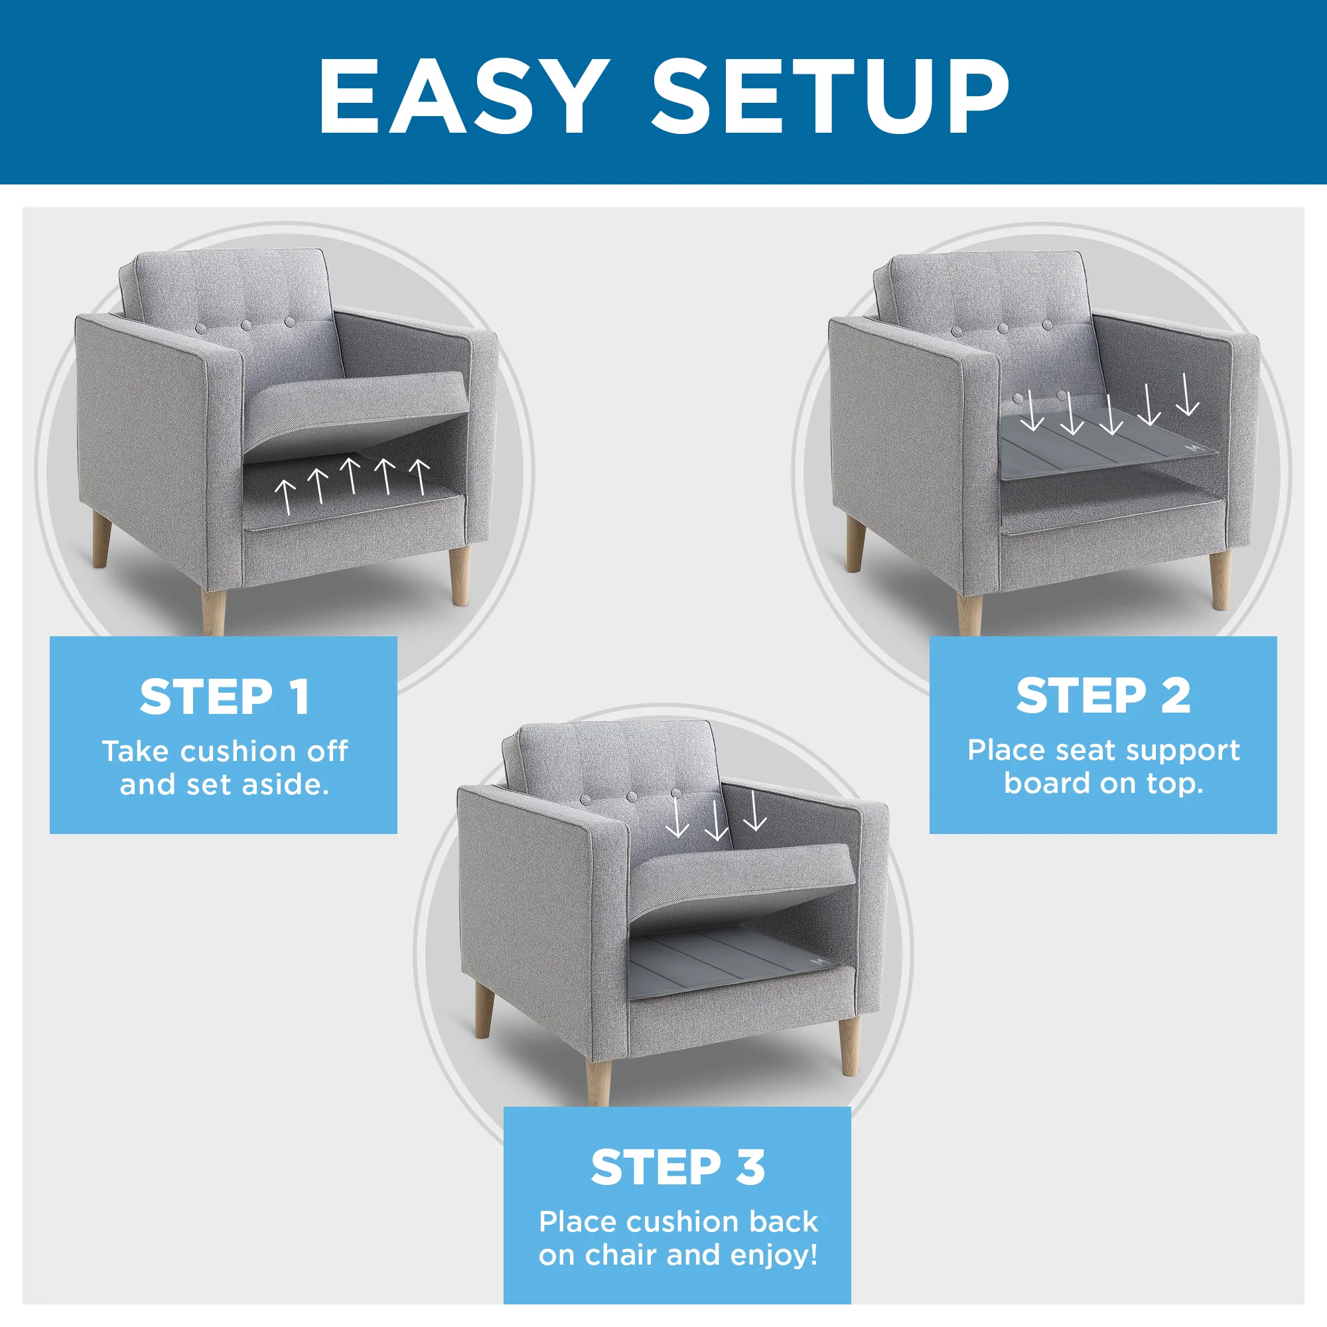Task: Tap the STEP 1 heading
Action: (x=225, y=698)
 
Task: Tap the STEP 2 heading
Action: (x=1103, y=696)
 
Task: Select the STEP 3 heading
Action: (x=677, y=1168)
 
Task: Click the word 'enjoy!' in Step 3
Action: (x=774, y=1255)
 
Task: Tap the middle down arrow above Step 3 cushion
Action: (x=717, y=819)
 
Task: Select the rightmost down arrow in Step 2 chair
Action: (x=1187, y=395)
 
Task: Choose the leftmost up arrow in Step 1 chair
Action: (x=286, y=496)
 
